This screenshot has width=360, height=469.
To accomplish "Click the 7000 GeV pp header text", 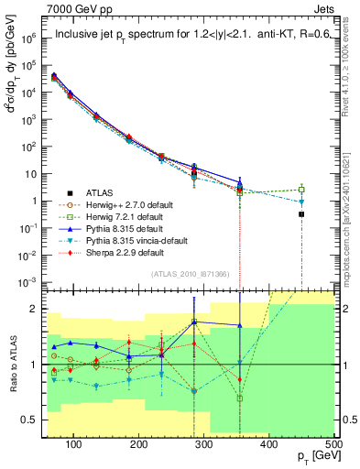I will tap(40, 8).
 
